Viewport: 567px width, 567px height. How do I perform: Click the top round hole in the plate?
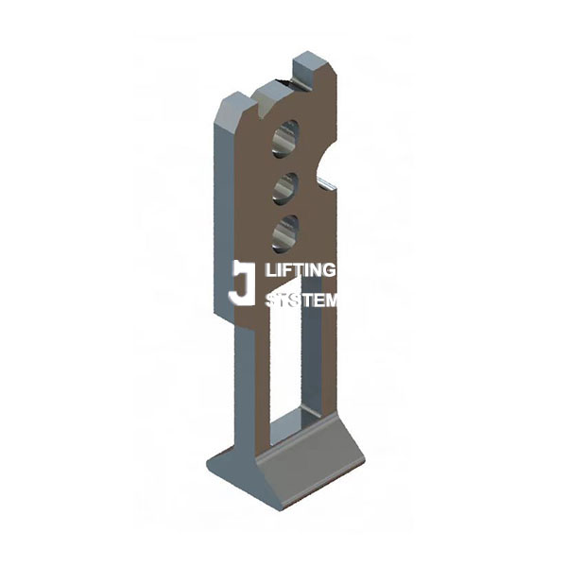(x=284, y=139)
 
